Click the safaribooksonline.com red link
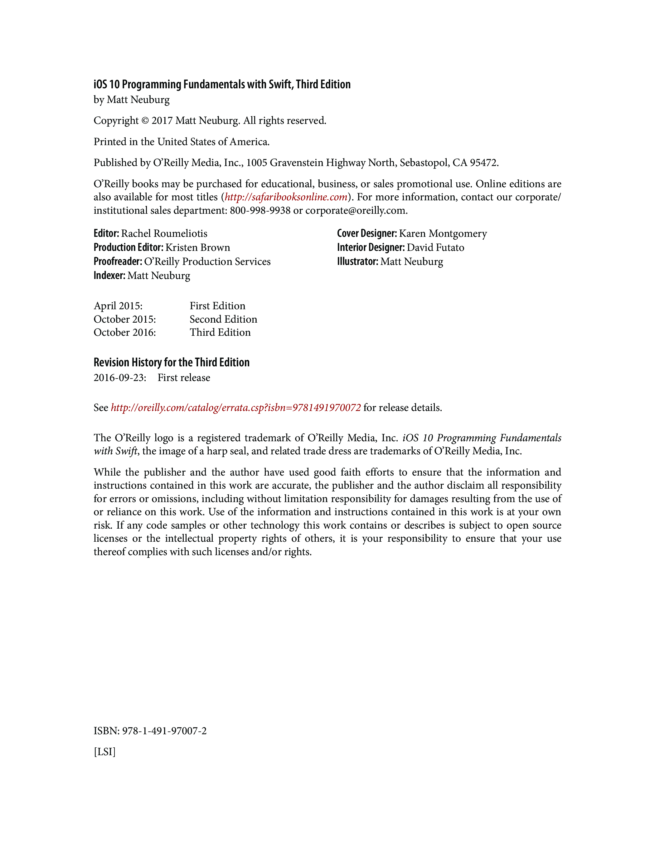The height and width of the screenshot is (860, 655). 286,197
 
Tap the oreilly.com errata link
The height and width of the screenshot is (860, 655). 235,408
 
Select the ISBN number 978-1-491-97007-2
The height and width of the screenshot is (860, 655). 164,731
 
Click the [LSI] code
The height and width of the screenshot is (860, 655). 104,752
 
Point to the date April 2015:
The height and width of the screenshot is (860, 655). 118,306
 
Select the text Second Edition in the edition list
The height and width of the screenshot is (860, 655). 223,319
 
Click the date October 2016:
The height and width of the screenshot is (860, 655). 125,332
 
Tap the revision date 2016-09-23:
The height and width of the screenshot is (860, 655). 120,378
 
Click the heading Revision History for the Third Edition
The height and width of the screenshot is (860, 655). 172,362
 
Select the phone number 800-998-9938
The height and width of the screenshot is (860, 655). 260,211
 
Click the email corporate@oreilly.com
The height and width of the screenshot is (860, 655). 356,211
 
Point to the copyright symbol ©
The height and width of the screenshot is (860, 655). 145,121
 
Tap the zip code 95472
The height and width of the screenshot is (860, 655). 483,163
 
